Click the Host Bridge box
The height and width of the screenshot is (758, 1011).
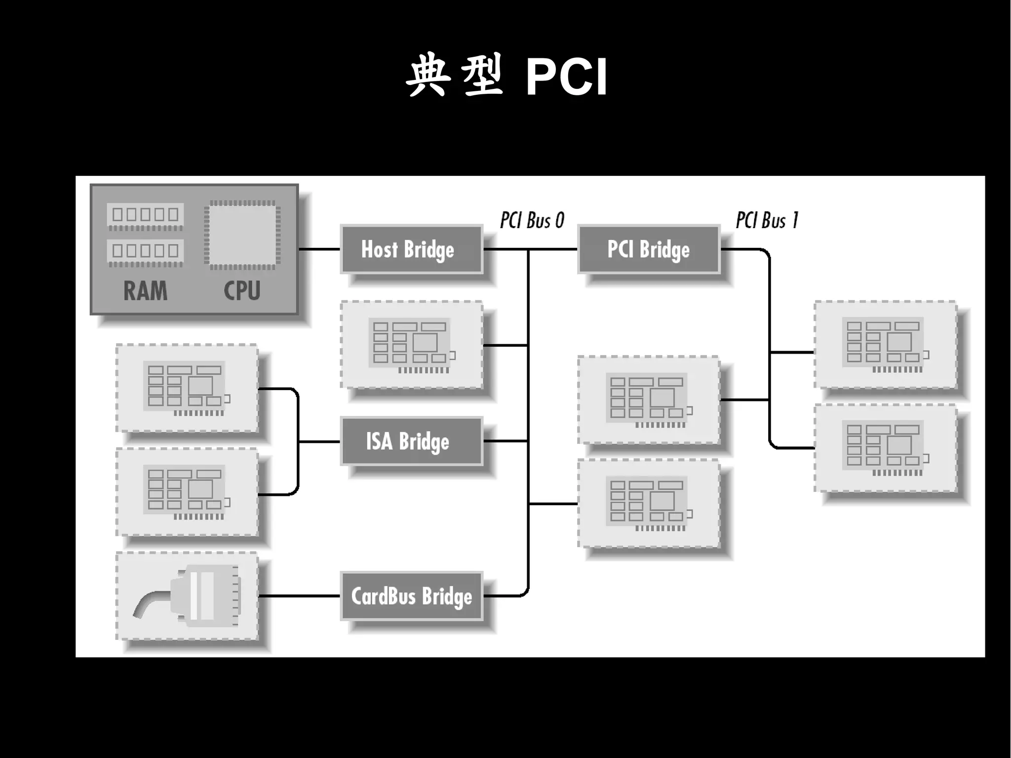coord(411,249)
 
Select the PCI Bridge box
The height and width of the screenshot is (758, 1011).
coord(648,249)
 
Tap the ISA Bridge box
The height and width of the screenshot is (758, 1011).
coord(411,441)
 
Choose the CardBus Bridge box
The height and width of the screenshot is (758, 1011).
coord(411,596)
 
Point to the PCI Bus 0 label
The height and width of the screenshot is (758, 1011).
coord(532,220)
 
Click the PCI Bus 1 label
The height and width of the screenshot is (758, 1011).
coord(767,220)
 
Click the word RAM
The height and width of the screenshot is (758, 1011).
coord(145,290)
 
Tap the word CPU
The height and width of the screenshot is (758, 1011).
coord(242,290)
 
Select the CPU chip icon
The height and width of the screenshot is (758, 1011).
coord(242,235)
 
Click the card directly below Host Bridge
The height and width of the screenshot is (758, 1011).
coord(411,344)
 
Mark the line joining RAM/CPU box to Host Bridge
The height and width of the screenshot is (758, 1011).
coord(319,249)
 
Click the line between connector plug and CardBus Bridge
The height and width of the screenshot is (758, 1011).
coord(299,596)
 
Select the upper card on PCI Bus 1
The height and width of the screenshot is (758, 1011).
coord(885,344)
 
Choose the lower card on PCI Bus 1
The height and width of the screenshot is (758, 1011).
coord(885,448)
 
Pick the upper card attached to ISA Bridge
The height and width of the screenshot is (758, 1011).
coord(187,388)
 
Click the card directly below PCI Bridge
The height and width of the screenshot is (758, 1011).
coord(648,399)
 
